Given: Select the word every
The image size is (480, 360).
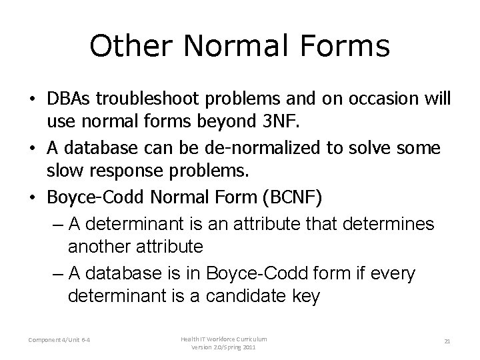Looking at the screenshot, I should coord(390,273).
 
